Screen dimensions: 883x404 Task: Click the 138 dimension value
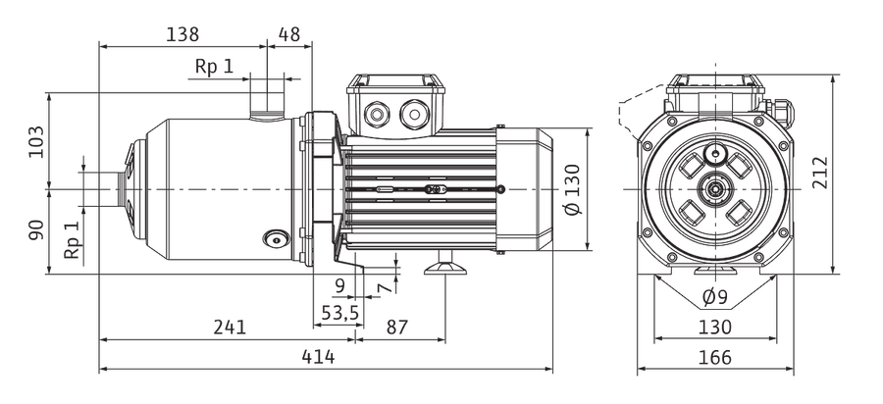pos(182,34)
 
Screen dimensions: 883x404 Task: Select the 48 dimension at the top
pos(288,34)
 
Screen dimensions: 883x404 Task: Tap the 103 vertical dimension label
pos(35,142)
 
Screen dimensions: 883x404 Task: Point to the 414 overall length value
pos(318,357)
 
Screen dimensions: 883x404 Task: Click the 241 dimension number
pos(230,327)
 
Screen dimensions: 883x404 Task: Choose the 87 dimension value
pos(397,327)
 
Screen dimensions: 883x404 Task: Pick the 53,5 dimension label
pos(339,312)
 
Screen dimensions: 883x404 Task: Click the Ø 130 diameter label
pos(572,188)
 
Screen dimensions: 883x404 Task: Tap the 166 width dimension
pos(714,357)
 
